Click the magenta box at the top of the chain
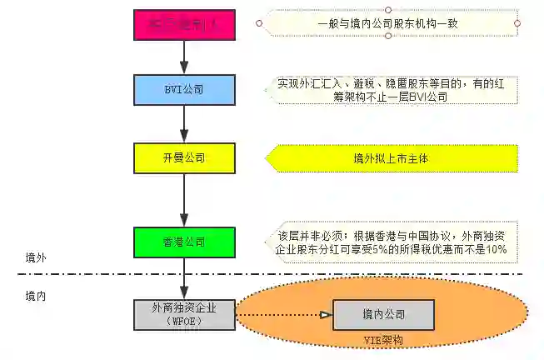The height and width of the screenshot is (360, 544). (184, 24)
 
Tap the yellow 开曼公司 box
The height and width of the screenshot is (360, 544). (184, 156)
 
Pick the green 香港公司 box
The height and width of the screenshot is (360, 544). (184, 242)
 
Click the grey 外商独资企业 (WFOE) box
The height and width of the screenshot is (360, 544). (184, 314)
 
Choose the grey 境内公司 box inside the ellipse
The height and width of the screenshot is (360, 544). (383, 315)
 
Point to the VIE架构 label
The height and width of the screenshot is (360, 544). (384, 341)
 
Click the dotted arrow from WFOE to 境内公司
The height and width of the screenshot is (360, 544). (283, 315)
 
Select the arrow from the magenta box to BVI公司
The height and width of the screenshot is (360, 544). (184, 57)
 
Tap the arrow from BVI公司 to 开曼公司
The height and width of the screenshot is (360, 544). (184, 122)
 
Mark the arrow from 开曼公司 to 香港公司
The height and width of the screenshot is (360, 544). (184, 198)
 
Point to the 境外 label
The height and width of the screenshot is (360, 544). (35, 258)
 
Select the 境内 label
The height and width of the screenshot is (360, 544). (35, 295)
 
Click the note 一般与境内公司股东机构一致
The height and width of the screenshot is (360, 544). (388, 23)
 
